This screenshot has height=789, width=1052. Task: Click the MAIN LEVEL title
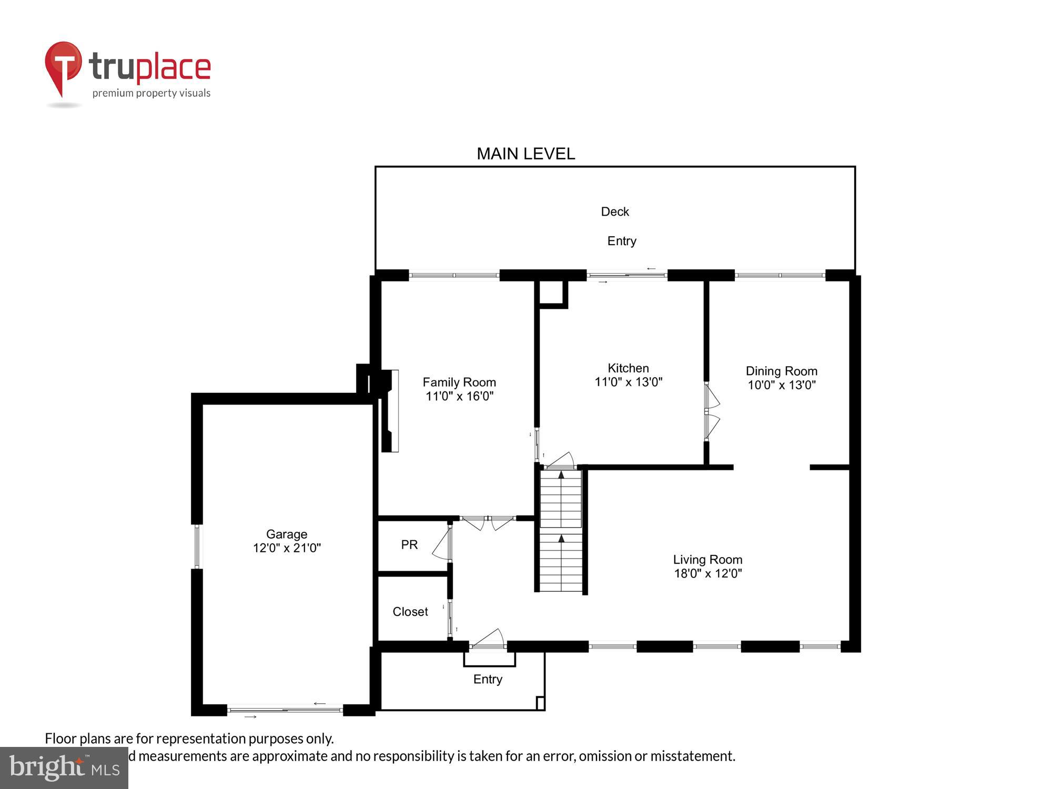point(525,154)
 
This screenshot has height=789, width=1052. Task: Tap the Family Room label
point(459,382)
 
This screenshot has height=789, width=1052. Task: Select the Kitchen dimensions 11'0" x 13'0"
point(628,382)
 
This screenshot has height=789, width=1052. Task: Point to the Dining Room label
point(781,371)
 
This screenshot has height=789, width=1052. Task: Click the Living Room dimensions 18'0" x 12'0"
point(707,573)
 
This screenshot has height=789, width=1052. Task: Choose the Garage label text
point(287,534)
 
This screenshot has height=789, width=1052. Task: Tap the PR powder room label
point(409,545)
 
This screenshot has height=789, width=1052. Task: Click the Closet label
point(410,612)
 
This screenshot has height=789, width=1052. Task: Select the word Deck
point(615,211)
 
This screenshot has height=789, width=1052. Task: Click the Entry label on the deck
point(622,241)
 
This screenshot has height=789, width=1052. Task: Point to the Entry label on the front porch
point(488,679)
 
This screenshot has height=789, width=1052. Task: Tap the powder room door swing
point(442,544)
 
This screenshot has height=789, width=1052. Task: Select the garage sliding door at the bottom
point(285,710)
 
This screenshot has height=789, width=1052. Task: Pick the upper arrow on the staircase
point(561,475)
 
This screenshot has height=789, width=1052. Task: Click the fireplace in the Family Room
point(389,410)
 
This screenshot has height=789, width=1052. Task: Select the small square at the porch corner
point(540,703)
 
